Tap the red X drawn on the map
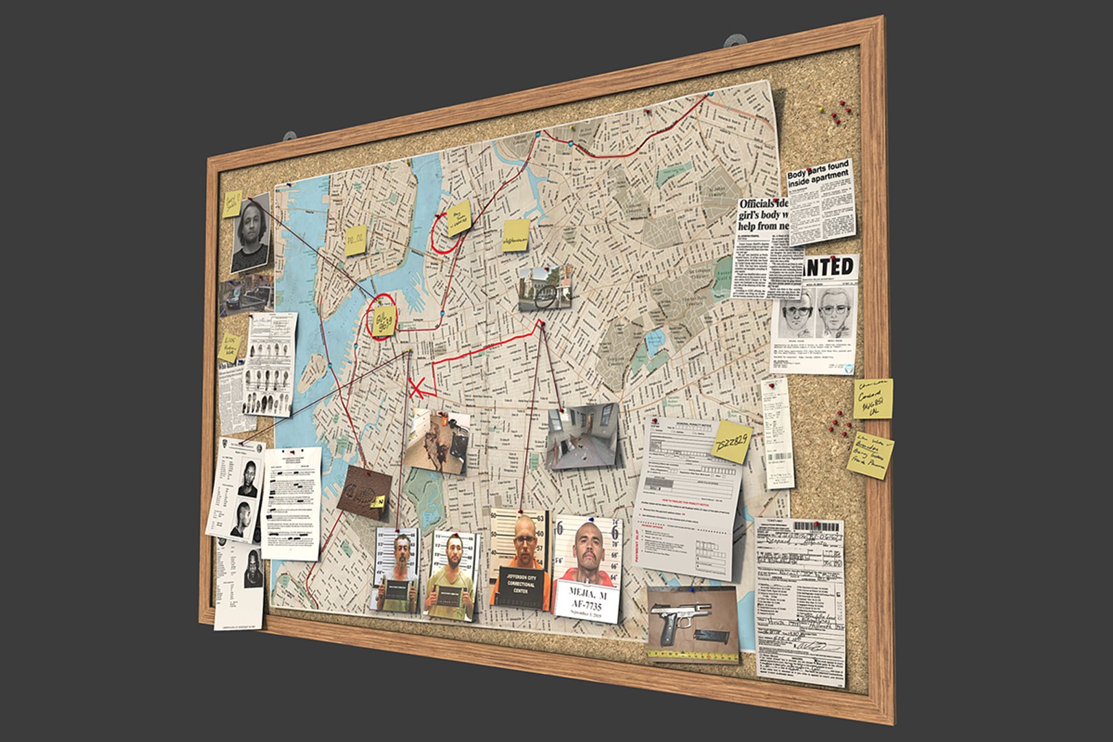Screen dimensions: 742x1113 point(416,387)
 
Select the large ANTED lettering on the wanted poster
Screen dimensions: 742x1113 point(829,267)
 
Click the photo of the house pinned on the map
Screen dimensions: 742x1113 point(545,288)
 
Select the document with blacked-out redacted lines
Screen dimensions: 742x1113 point(292,502)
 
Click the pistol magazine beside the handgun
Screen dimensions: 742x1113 point(710,636)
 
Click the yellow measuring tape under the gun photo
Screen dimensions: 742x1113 point(680,656)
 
